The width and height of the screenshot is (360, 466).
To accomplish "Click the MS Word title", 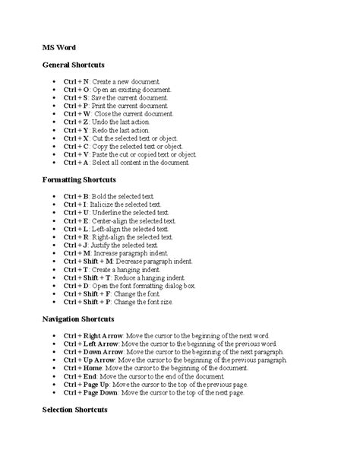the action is pyautogui.click(x=58, y=48).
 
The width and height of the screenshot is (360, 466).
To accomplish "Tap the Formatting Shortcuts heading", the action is pyautogui.click(x=78, y=180).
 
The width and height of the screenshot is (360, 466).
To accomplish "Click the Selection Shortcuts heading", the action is pyautogui.click(x=74, y=411).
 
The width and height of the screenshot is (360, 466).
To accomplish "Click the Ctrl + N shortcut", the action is pyautogui.click(x=77, y=81).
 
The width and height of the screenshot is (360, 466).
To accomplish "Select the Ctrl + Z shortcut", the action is pyautogui.click(x=77, y=122).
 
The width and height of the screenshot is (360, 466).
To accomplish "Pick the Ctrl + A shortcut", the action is pyautogui.click(x=77, y=163).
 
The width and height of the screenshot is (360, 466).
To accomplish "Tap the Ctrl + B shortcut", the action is pyautogui.click(x=77, y=196).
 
